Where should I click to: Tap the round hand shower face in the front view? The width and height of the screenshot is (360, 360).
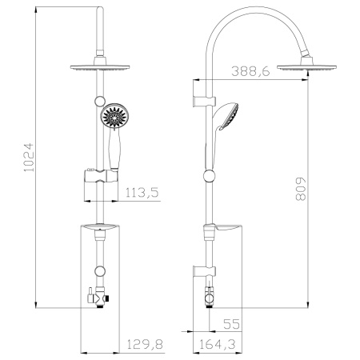(114, 118)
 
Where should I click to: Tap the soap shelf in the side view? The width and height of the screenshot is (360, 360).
(226, 230)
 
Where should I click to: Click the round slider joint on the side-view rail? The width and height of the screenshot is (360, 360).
(210, 175)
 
